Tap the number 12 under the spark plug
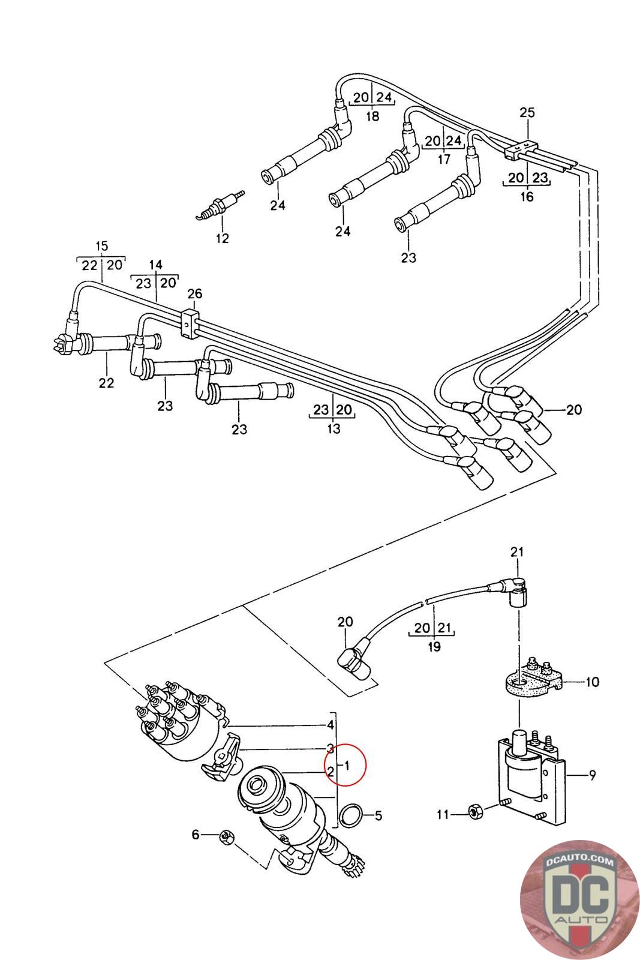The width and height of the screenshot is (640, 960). [x=223, y=238]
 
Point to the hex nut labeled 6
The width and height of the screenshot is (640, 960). [x=227, y=835]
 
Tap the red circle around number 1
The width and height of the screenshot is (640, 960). [x=345, y=764]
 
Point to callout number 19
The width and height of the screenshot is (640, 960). [x=434, y=647]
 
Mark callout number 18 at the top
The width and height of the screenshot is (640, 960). [x=372, y=116]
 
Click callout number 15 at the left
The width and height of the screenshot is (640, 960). [x=101, y=246]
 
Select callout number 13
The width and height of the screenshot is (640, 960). [x=334, y=428]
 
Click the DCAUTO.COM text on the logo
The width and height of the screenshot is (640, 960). [x=579, y=862]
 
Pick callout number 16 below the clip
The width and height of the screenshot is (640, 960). [x=527, y=196]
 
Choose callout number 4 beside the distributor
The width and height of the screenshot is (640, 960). [x=330, y=725]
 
